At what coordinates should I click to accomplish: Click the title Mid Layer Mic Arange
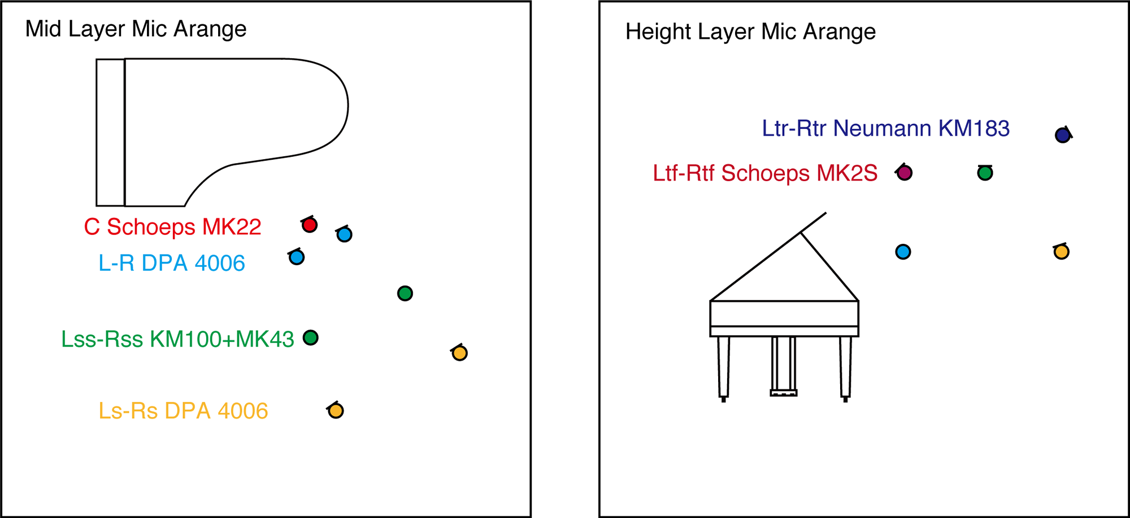coord(136,29)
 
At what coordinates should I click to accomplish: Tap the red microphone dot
coord(309,225)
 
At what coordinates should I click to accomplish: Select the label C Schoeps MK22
coord(172,227)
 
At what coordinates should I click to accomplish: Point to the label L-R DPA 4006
coord(172,263)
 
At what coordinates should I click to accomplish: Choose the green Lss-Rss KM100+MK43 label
coord(177,339)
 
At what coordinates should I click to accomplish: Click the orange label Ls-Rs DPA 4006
coord(183,411)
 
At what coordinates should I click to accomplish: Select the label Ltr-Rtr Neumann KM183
coord(885,129)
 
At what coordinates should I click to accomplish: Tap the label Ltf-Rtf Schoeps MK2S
coord(765,173)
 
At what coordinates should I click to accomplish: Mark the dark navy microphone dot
coord(1063,135)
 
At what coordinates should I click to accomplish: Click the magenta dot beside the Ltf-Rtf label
coord(905,173)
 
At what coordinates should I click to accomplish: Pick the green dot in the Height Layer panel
coord(985,173)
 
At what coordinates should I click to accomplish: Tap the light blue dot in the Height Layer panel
coord(903,252)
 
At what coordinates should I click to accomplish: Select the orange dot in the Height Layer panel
coord(1061,252)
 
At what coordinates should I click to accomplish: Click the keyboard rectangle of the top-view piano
coord(111,133)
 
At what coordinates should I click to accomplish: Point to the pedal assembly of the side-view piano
coord(784,366)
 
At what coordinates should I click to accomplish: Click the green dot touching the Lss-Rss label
coord(310,337)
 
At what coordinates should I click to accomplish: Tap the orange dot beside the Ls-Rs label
coord(336,411)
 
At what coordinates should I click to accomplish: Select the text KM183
coord(974,129)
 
